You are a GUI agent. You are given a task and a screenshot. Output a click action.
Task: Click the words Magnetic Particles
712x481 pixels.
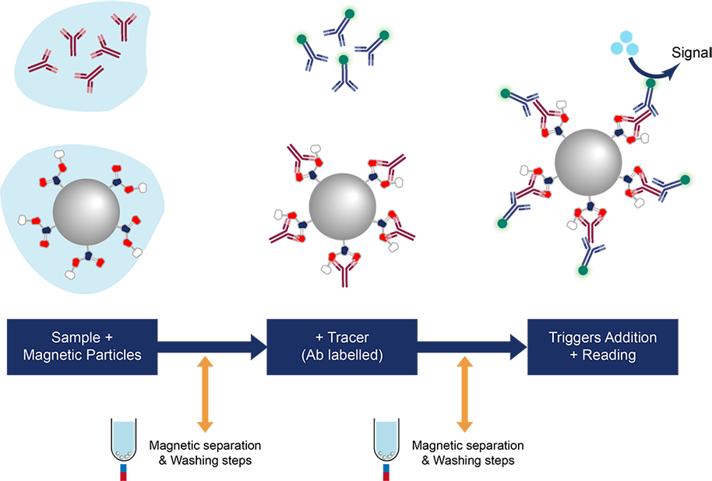coord(83,355)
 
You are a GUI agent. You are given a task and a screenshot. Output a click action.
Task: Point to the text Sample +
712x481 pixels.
coord(83,338)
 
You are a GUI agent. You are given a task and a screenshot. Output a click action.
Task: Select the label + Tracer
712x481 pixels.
coord(342,338)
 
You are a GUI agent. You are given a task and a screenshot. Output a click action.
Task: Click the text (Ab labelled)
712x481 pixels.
coord(342,355)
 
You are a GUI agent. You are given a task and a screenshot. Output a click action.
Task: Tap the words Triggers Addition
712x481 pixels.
coord(602,338)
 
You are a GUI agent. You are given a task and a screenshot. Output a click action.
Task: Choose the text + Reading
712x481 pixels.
coord(602,355)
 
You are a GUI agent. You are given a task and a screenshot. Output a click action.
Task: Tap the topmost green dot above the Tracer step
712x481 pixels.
coord(348,13)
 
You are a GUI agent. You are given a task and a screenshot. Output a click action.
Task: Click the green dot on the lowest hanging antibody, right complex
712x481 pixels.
coord(582,271)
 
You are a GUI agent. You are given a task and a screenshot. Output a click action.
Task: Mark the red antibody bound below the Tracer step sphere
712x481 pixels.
coord(343,269)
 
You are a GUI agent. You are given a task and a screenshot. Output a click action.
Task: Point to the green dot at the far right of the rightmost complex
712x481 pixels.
coord(685,180)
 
